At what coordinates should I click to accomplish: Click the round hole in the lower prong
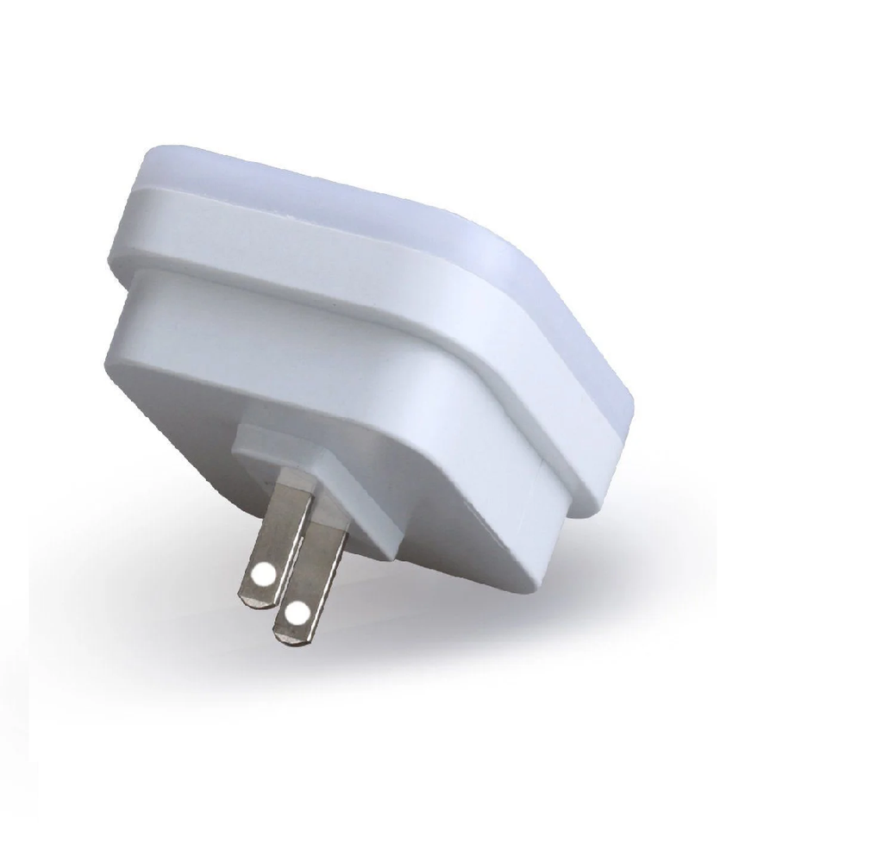pos(297,614)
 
